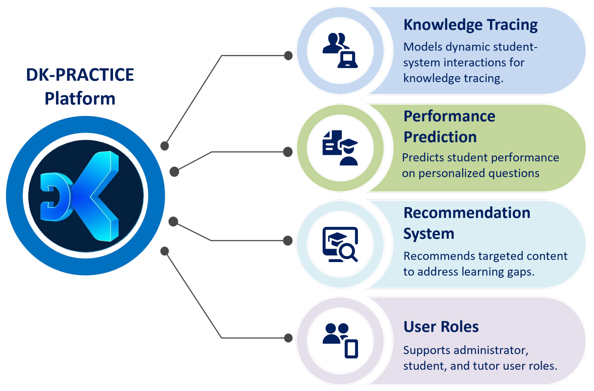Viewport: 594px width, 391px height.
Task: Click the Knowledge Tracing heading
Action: point(470,25)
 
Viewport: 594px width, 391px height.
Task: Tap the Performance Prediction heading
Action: point(449,126)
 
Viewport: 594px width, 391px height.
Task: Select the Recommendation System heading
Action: point(466,223)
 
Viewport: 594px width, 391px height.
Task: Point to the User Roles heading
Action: point(441,327)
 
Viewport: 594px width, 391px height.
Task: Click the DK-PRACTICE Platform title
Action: point(80,86)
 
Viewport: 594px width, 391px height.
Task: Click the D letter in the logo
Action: point(56,197)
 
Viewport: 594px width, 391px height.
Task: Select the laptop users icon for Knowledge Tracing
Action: point(340,50)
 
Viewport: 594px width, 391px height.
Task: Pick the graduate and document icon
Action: point(340,148)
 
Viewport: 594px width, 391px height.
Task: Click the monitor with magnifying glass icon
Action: point(340,244)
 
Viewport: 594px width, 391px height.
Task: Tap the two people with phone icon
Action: point(340,341)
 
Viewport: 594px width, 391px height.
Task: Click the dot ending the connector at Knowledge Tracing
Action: point(288,55)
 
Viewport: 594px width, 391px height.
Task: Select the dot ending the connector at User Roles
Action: point(288,338)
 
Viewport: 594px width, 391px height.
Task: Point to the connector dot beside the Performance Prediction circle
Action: point(288,152)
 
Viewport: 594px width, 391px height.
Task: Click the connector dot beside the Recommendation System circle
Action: point(288,241)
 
